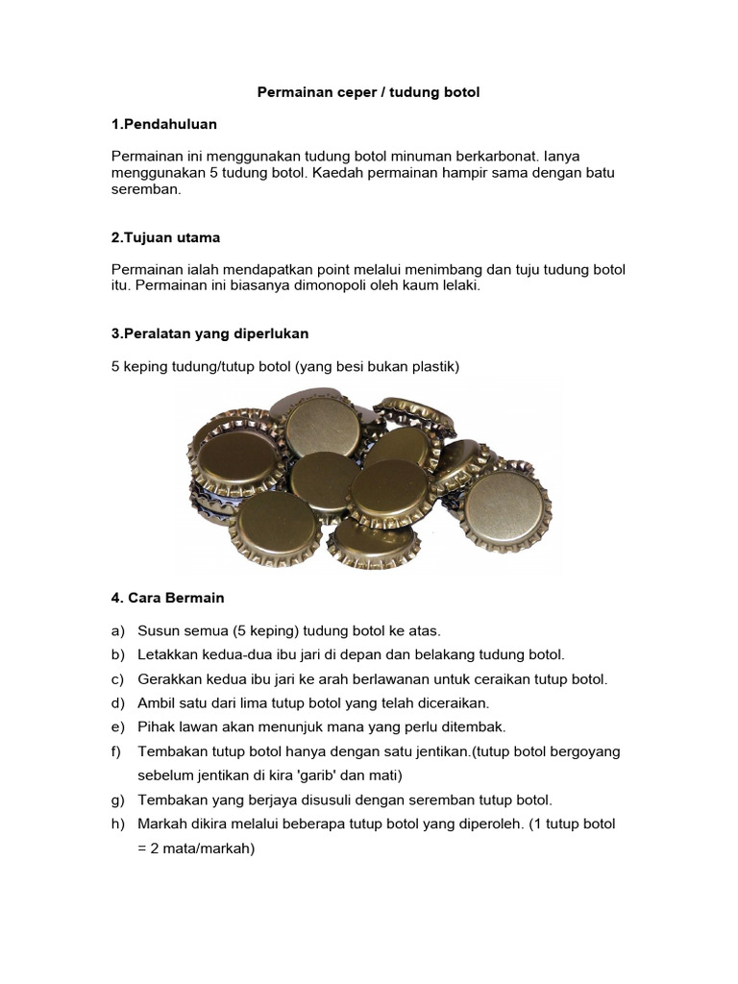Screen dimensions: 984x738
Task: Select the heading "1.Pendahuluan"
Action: [x=163, y=124]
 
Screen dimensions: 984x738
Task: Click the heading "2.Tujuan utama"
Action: [x=166, y=237]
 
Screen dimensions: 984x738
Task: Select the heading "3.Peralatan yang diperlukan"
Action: [x=210, y=332]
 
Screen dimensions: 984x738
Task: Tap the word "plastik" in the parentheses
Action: [x=436, y=365]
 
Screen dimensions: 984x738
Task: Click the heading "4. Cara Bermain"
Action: [x=168, y=598]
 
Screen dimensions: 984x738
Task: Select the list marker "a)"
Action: [x=119, y=630]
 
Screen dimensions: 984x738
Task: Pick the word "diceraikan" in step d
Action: [x=455, y=702]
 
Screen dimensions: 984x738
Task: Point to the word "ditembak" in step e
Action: [x=478, y=726]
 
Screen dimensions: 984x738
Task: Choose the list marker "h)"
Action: [x=119, y=824]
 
